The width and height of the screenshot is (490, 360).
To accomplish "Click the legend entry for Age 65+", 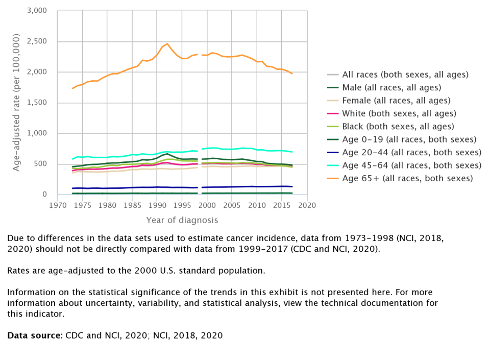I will point(407,178).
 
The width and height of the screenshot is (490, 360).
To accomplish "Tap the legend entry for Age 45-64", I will point(411,165).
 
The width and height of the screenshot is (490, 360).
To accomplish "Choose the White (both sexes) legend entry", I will point(399,113).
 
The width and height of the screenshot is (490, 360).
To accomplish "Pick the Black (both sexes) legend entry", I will point(398,126).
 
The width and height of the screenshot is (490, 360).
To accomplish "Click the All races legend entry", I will point(405,75).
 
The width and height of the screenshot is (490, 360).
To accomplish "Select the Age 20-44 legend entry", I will point(411,152).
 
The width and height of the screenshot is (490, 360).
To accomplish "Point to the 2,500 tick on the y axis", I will point(36,41).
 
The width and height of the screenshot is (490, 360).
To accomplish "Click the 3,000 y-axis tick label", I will point(36,11).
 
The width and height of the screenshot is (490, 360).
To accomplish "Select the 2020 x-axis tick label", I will point(307,205).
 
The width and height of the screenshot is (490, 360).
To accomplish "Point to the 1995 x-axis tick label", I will point(182,205).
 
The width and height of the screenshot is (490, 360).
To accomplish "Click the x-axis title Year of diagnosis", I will point(182,220).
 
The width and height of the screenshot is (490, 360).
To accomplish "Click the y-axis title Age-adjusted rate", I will point(16,102).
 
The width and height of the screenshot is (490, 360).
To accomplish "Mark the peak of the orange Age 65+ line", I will point(167,44).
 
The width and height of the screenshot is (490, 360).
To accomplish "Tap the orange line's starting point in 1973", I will point(72,88).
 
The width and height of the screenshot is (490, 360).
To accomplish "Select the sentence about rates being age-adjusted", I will point(136,271).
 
